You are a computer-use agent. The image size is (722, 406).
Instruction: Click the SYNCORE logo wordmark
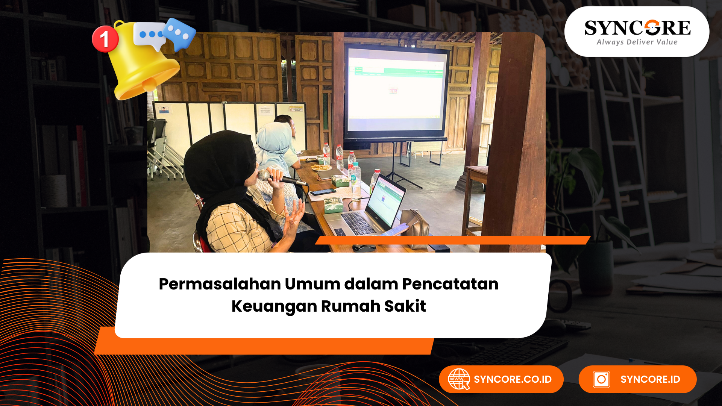(x=637, y=28)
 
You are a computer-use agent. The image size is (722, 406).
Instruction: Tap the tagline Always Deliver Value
(x=637, y=42)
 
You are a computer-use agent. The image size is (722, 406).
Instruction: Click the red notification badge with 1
(x=105, y=39)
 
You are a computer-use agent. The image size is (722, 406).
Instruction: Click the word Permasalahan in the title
(x=220, y=284)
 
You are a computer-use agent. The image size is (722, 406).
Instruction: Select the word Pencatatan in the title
(x=450, y=284)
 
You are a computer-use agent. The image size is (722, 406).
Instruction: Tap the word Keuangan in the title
(x=274, y=306)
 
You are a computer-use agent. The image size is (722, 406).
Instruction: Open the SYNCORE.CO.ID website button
(x=501, y=379)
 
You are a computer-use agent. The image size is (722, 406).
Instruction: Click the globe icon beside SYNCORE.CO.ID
(x=459, y=379)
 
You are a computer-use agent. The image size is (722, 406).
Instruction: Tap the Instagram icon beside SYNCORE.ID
(x=601, y=379)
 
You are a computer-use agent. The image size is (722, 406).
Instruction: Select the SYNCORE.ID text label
(x=650, y=379)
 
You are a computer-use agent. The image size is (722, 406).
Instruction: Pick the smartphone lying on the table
(x=323, y=192)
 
